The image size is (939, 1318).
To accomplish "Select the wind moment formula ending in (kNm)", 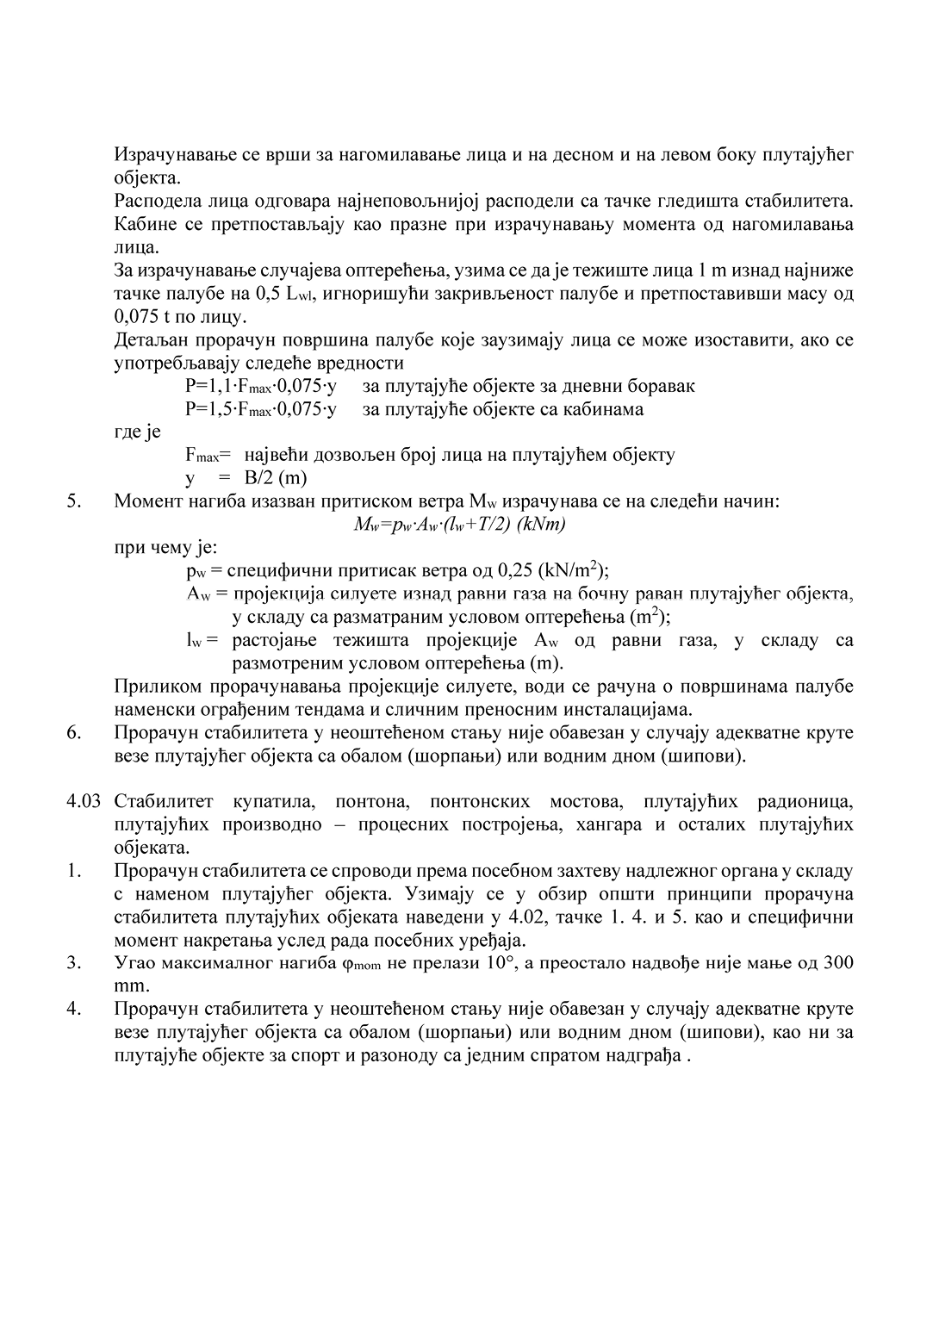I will coord(459,525).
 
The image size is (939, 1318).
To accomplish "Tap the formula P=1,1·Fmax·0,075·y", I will coord(260,386).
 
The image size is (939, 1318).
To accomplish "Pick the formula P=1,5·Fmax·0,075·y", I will coord(260,409).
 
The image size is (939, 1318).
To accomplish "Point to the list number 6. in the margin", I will coord(74,733).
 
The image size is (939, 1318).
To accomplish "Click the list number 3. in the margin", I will coord(74,962).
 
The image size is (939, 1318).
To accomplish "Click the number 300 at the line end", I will coord(838,962).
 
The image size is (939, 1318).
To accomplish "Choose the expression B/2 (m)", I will coord(275,478).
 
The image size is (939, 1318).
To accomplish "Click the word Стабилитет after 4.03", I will coord(165,802).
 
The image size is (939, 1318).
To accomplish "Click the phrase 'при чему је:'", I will coord(165,547).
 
